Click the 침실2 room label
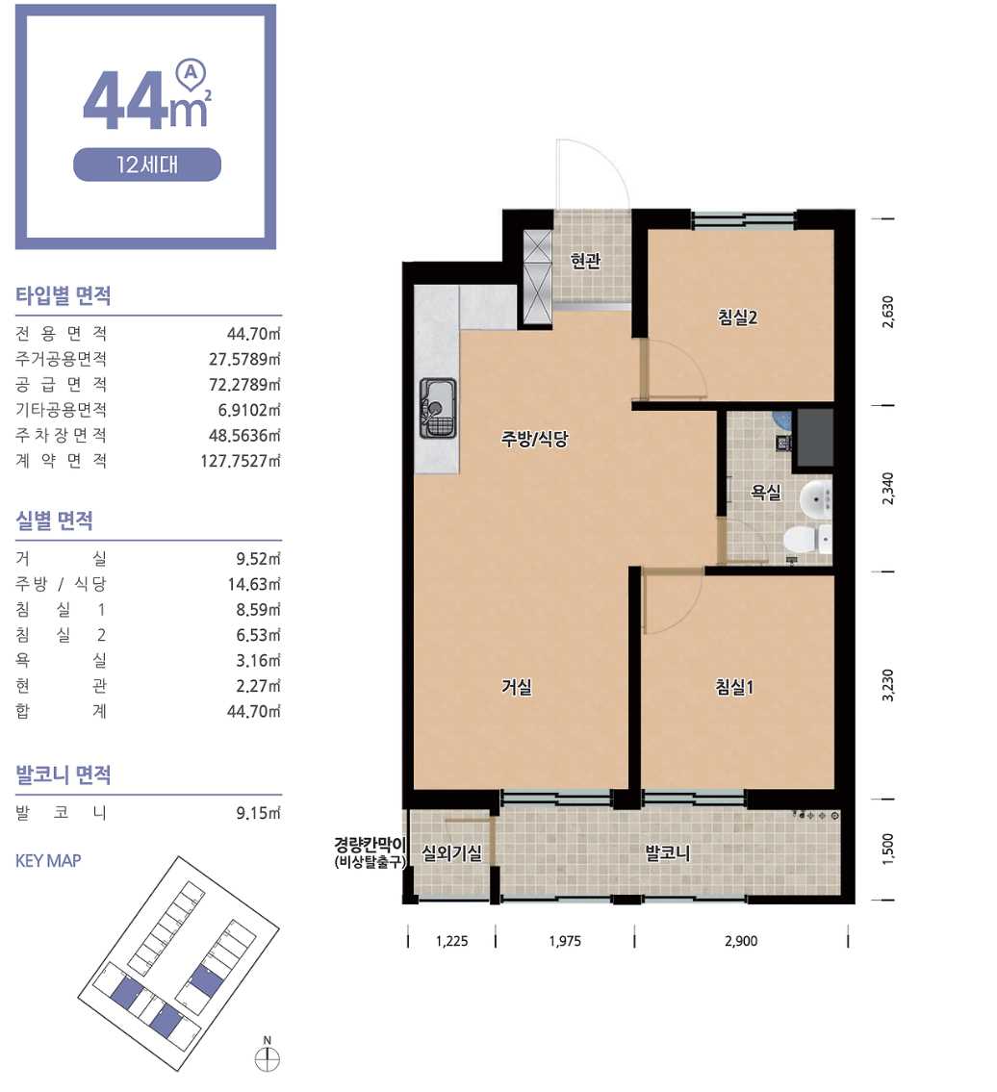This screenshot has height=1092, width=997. tap(737, 317)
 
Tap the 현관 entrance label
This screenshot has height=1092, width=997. tap(585, 261)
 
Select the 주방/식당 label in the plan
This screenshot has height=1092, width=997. tap(534, 438)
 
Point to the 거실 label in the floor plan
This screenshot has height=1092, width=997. tap(516, 687)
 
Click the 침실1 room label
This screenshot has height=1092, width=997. tap(734, 687)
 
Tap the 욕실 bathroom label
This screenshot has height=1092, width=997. tap(766, 492)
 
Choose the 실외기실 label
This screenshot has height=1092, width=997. tap(451, 852)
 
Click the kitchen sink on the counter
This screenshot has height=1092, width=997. tap(438, 407)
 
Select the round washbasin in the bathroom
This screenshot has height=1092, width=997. tap(815, 498)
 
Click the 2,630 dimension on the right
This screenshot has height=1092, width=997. tap(887, 312)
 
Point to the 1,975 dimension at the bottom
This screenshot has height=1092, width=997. tap(565, 941)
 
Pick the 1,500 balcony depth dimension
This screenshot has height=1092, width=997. tap(887, 849)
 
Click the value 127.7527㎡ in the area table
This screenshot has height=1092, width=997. tap(241, 460)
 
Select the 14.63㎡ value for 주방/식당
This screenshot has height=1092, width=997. tap(254, 584)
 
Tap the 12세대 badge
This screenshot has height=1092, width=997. tap(147, 165)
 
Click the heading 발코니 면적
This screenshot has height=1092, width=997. tap(64, 775)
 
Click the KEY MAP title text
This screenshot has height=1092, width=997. tap(48, 861)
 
